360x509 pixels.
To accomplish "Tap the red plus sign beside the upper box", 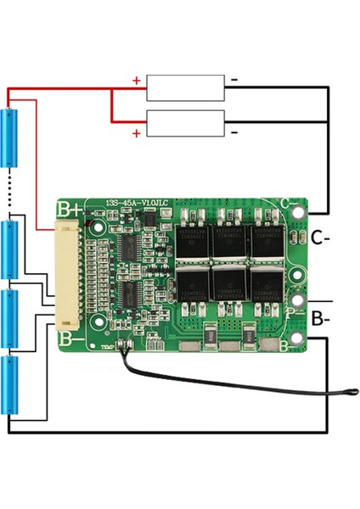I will pos(137,81).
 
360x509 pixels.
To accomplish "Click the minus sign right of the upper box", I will pos(234,81).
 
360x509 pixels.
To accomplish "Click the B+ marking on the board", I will pos(67,208).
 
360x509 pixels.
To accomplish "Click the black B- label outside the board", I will pos(320,320).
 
